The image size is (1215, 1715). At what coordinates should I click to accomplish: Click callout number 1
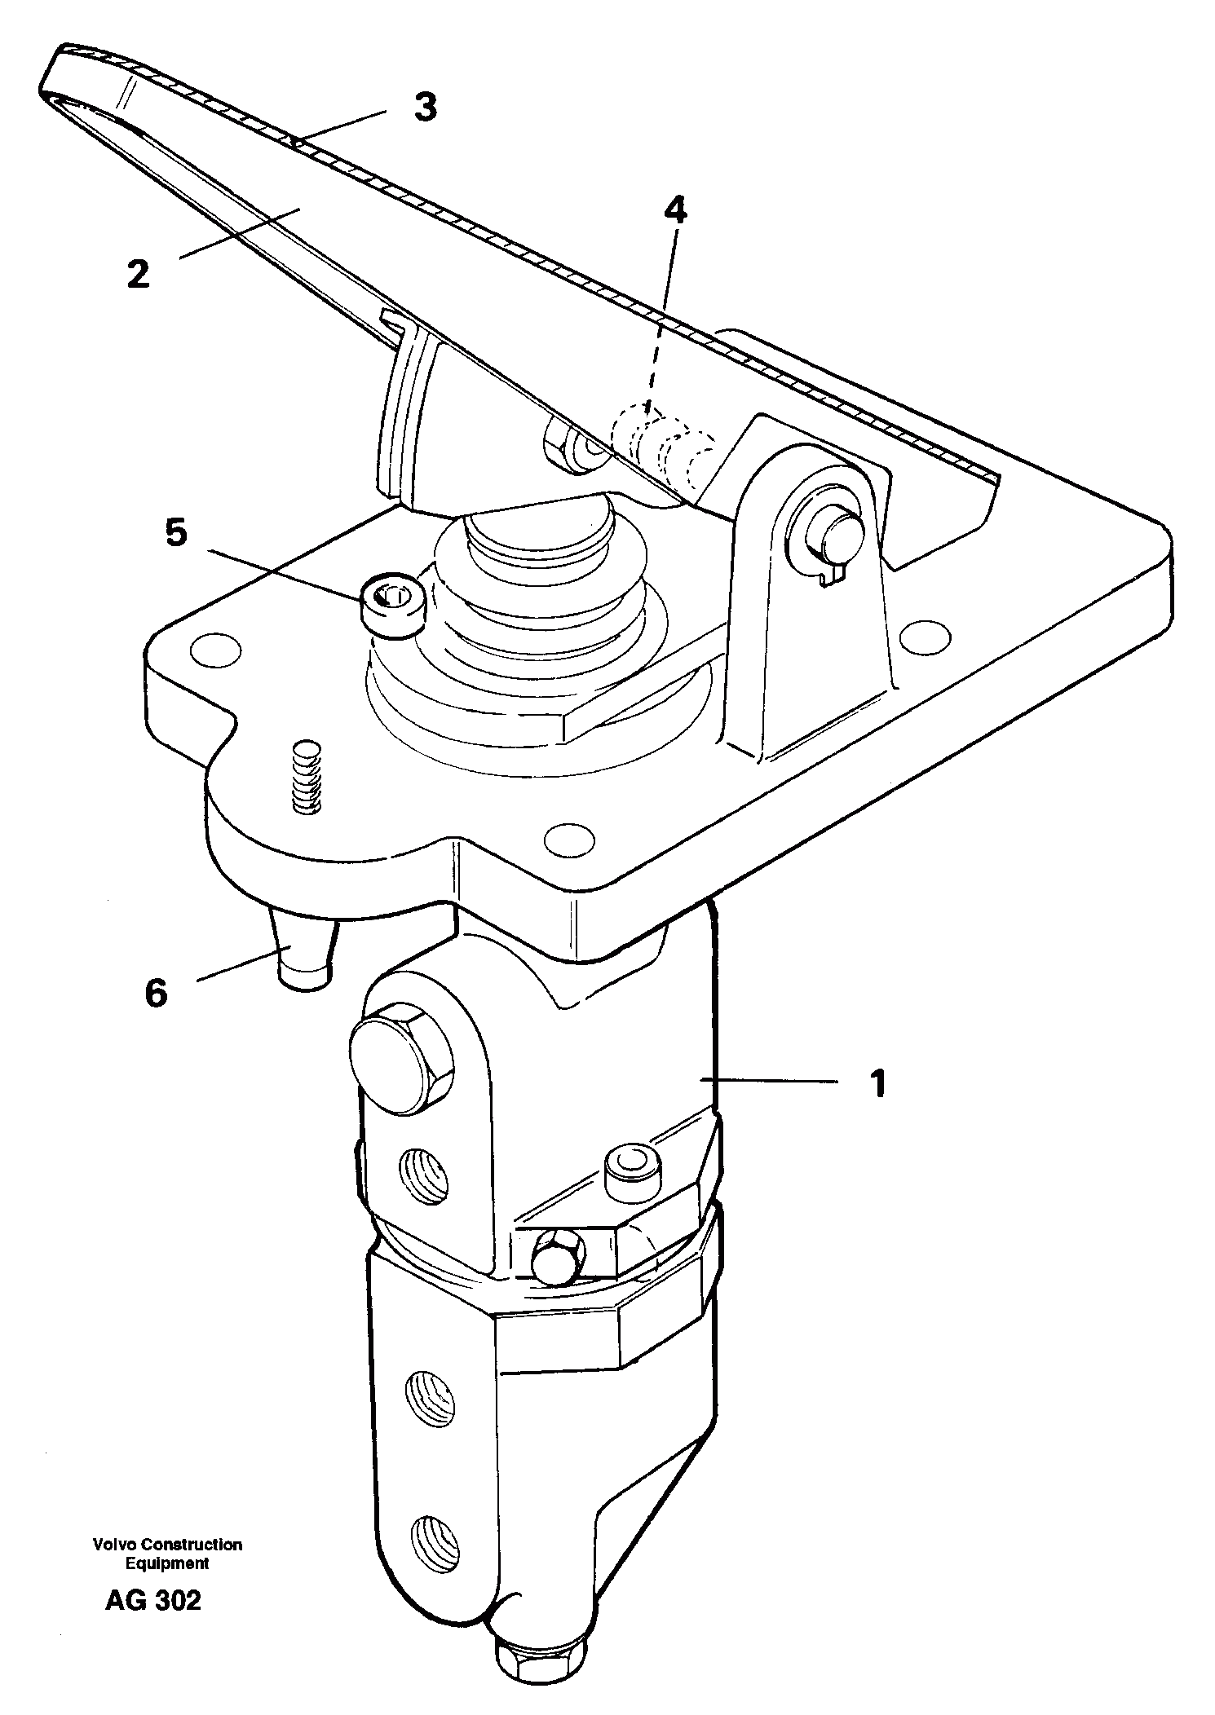(877, 1085)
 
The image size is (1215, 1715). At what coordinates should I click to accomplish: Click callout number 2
(139, 275)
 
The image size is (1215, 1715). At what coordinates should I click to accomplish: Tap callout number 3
(425, 107)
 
